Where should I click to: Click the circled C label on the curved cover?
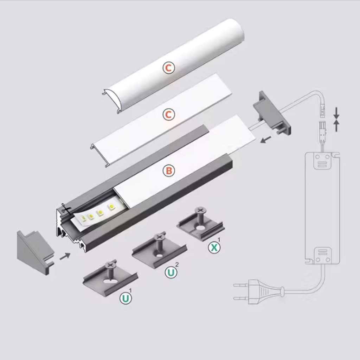[169, 68]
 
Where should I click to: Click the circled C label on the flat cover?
[169, 115]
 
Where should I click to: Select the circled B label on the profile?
[169, 171]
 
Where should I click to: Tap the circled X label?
[213, 247]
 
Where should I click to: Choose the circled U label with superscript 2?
[171, 272]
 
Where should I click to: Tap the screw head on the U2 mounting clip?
[159, 237]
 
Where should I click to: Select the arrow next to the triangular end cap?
[64, 256]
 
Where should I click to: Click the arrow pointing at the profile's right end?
[266, 140]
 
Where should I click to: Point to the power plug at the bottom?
[260, 292]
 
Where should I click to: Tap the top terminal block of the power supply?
[322, 163]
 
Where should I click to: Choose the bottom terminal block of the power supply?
[322, 254]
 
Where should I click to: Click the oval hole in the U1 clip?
[110, 281]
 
